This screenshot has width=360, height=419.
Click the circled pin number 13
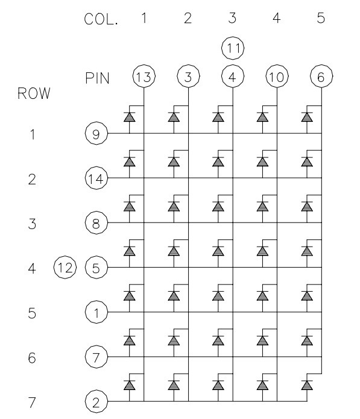click(x=144, y=76)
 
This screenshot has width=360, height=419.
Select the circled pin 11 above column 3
click(x=233, y=48)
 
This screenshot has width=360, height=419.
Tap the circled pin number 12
click(x=65, y=267)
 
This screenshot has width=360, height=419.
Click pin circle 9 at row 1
click(x=96, y=133)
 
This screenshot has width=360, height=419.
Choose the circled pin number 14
click(x=96, y=178)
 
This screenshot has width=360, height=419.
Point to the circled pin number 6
click(x=321, y=76)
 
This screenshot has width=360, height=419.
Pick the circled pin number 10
click(x=277, y=76)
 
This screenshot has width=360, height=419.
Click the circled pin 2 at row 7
click(x=96, y=402)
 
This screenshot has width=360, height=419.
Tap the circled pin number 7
click(x=96, y=356)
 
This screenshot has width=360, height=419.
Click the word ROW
click(x=34, y=93)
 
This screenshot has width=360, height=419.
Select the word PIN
click(x=97, y=78)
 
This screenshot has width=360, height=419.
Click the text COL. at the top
click(x=101, y=19)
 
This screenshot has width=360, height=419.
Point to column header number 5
click(x=321, y=18)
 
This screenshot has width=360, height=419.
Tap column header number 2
click(x=188, y=18)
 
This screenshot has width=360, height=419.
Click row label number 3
click(x=32, y=224)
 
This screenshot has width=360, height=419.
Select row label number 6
click(x=32, y=358)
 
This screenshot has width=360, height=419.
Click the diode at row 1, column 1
click(x=130, y=117)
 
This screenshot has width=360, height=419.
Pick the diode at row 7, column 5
click(x=307, y=385)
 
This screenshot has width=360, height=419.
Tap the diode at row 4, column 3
click(x=218, y=251)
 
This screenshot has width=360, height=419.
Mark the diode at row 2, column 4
click(x=262, y=162)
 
